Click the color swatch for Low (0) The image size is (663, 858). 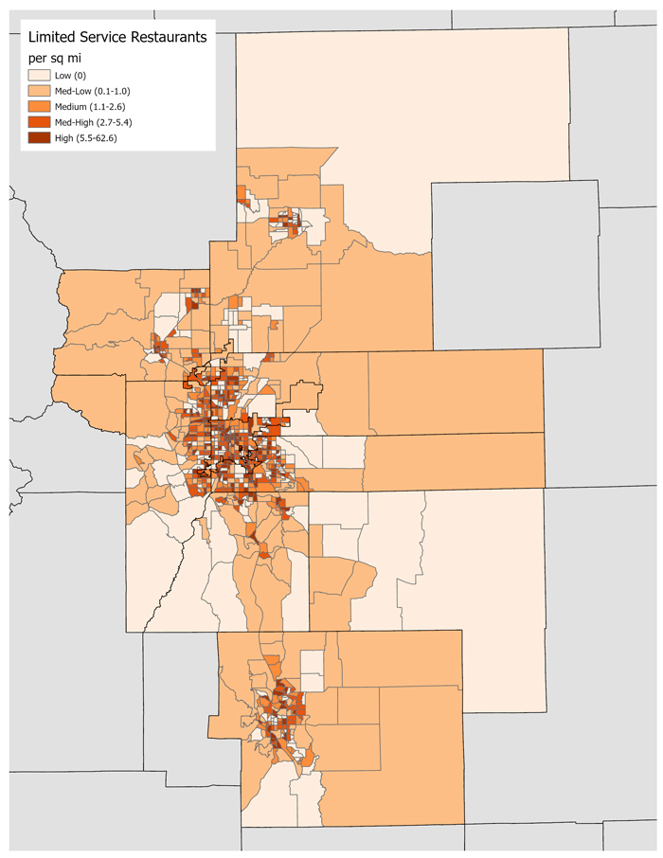[x=39, y=75]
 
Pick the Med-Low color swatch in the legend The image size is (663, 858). [x=39, y=91]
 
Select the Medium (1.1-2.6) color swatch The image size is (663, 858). [x=39, y=106]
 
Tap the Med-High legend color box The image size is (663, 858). [x=39, y=122]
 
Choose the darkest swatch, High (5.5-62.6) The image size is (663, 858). [x=39, y=138]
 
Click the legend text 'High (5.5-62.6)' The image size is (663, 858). [x=92, y=138]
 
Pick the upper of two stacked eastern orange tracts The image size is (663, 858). [x=455, y=391]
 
